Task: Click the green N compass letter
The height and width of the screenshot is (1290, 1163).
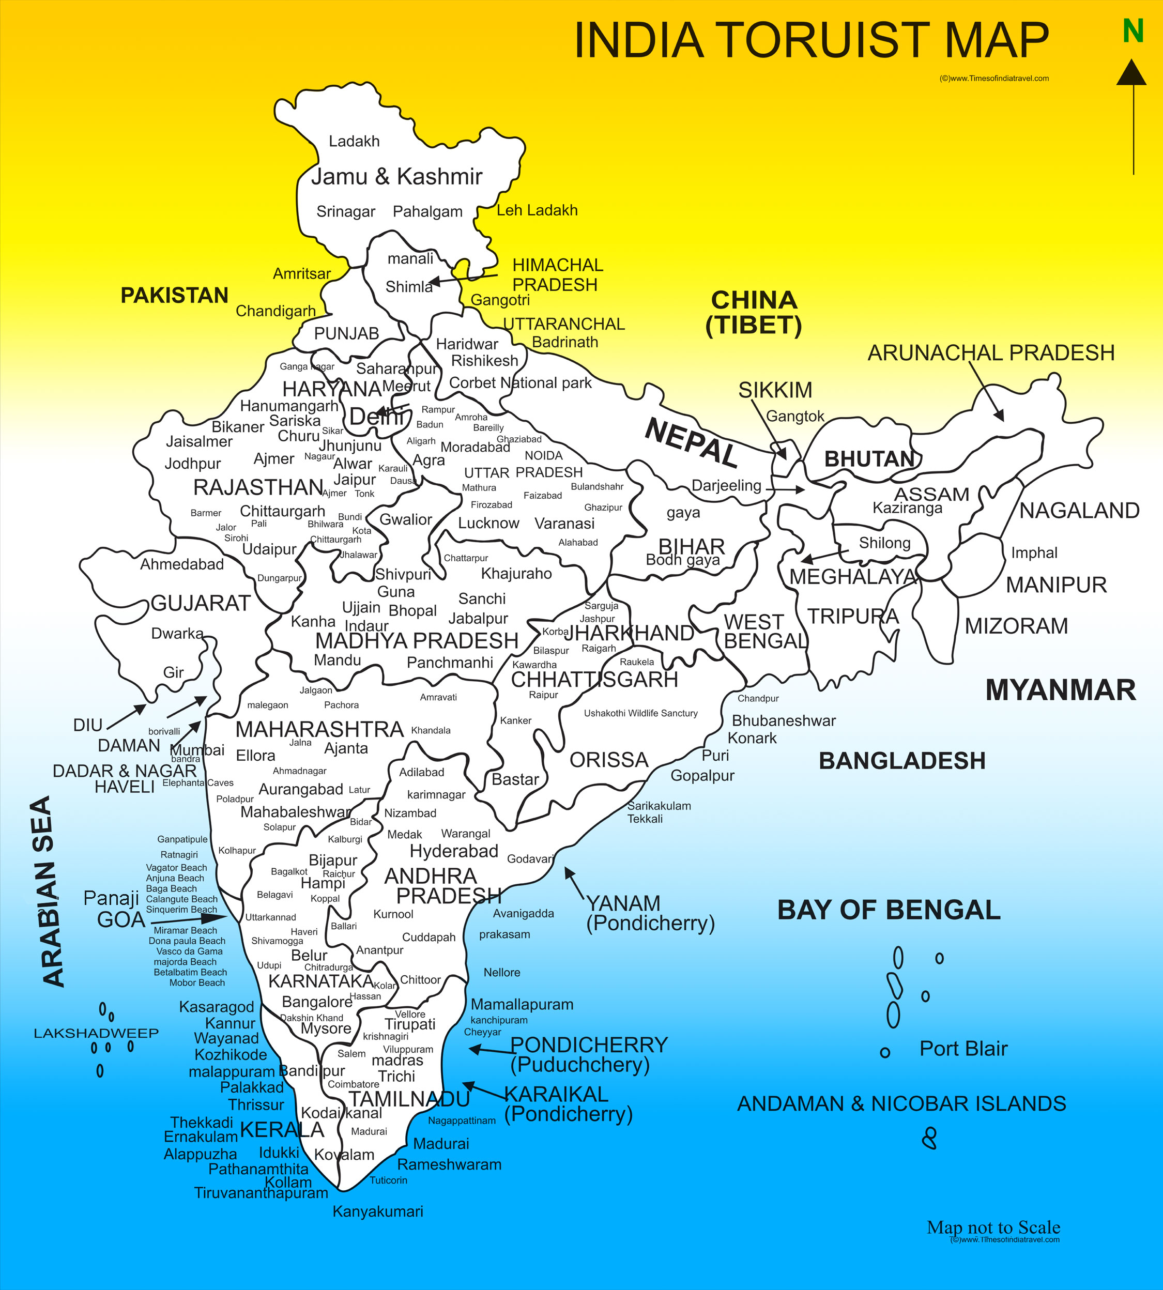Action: tap(1133, 30)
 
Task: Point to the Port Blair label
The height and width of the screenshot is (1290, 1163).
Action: tap(963, 1049)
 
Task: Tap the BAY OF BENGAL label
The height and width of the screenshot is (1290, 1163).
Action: tap(888, 910)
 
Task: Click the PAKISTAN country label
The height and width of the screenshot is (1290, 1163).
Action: tap(175, 295)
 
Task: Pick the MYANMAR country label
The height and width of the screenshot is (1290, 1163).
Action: tap(1060, 690)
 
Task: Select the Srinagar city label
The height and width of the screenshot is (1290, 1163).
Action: tap(346, 211)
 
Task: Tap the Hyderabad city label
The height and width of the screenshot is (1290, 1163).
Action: tap(454, 851)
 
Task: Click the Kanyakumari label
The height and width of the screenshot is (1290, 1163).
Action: tap(378, 1211)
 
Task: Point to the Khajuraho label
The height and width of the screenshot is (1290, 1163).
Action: tap(516, 573)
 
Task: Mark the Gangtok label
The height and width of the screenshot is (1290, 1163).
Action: tap(795, 417)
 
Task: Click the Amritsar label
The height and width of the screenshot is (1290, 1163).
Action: tap(302, 273)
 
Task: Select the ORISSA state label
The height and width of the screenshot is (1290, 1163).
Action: tap(609, 760)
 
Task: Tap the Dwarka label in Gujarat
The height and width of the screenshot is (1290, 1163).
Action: tap(177, 633)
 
